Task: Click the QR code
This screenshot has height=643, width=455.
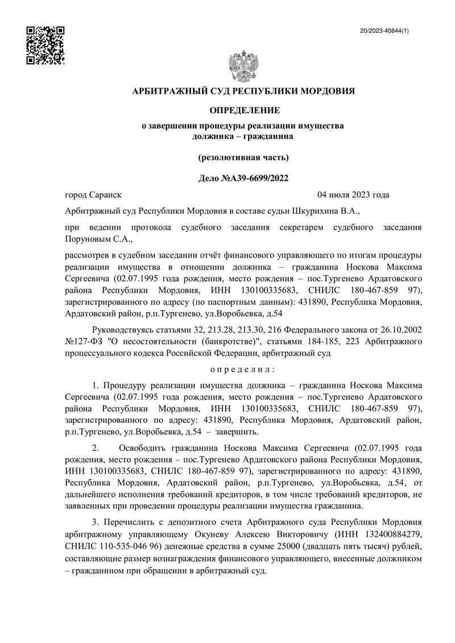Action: click(x=46, y=45)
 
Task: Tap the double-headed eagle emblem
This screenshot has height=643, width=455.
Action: click(x=243, y=68)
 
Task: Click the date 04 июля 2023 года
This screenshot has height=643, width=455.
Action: click(x=353, y=195)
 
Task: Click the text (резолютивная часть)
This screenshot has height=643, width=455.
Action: click(x=243, y=156)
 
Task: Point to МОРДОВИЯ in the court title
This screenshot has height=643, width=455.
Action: click(x=328, y=90)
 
